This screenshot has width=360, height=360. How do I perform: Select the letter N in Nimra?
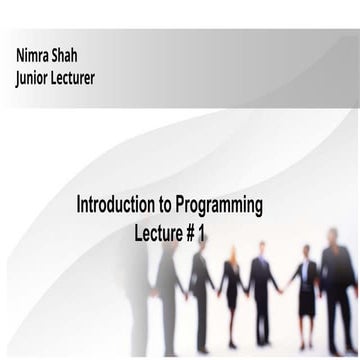20,51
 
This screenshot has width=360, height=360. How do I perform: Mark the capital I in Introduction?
80,206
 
